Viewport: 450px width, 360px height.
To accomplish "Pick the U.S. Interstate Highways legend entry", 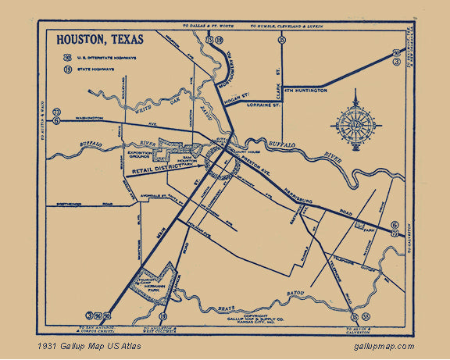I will coord(97,56).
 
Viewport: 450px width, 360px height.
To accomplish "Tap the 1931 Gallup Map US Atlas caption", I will coord(83,347).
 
